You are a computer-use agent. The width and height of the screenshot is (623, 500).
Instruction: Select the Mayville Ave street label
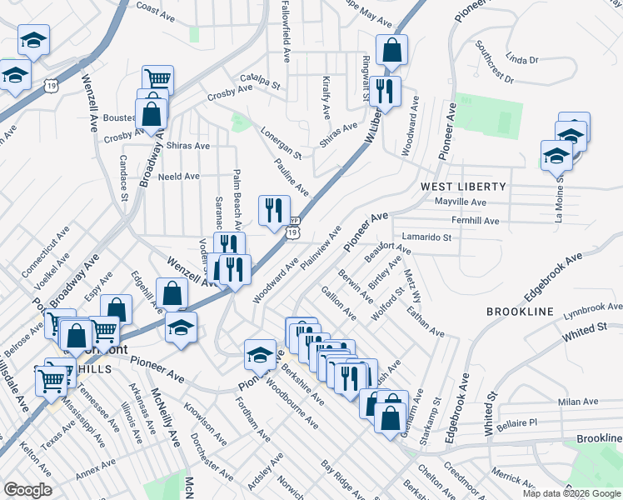point(461,202)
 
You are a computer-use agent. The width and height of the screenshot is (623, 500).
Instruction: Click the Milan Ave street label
point(579,402)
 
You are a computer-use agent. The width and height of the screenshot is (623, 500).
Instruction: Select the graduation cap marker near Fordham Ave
point(260,354)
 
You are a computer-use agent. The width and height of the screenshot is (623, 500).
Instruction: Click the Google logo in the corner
point(27,489)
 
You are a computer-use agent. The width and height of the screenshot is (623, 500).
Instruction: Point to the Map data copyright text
point(571,493)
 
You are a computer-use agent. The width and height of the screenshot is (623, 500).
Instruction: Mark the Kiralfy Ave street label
point(326,98)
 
